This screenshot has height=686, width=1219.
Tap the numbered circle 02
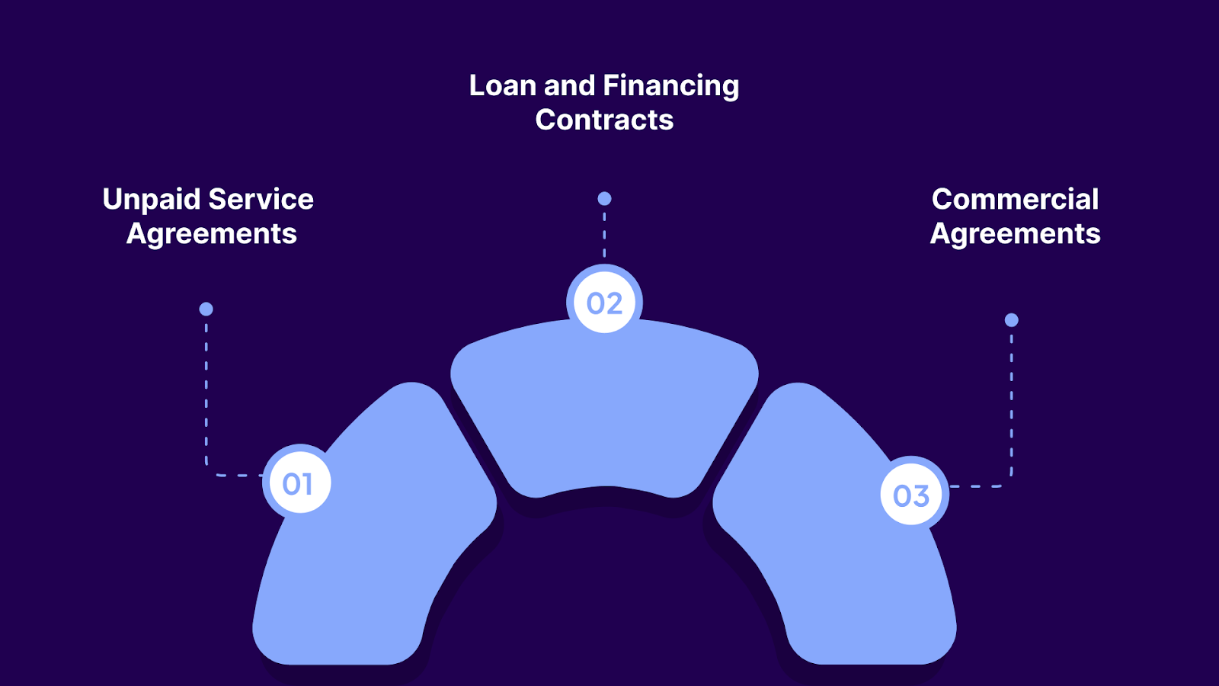click(604, 303)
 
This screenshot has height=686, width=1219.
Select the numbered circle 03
click(911, 495)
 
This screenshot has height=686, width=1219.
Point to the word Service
click(261, 200)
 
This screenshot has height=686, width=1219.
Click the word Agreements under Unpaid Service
click(212, 234)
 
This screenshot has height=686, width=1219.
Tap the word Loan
click(503, 85)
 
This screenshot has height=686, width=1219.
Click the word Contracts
click(604, 120)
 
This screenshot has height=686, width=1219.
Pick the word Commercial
click(1015, 200)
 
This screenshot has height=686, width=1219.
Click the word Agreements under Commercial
click(1015, 234)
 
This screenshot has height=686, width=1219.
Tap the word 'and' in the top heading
click(569, 85)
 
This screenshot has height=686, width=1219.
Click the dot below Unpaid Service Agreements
click(206, 309)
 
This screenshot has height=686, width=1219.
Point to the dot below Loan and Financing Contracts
click(604, 199)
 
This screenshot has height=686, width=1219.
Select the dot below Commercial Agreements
click(1011, 320)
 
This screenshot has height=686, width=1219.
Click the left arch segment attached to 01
click(381, 549)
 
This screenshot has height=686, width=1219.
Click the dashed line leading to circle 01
click(206, 396)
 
